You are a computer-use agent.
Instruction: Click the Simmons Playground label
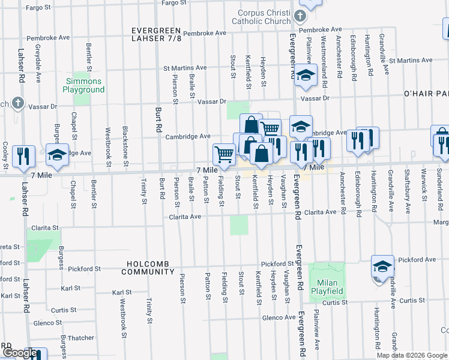pos(83,85)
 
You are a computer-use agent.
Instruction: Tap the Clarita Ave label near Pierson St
pos(184,217)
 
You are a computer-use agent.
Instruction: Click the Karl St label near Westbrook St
pos(122,292)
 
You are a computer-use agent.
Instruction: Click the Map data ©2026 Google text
pos(411,355)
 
